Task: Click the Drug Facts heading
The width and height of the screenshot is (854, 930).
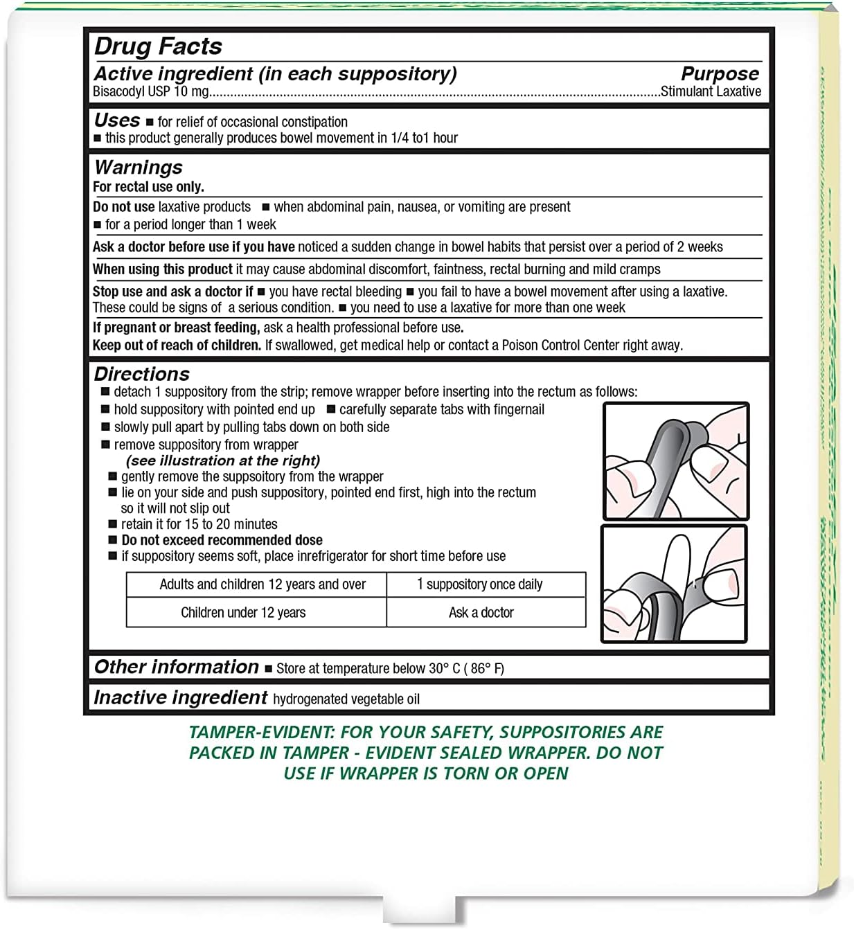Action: point(158,46)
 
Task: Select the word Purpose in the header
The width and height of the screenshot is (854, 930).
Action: point(720,73)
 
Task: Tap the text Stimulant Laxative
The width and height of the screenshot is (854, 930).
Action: point(711,91)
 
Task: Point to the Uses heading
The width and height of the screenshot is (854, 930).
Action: point(117,120)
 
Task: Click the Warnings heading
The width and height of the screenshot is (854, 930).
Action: point(139,168)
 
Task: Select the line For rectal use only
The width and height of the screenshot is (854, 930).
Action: point(148,187)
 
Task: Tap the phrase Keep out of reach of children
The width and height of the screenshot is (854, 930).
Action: point(177,345)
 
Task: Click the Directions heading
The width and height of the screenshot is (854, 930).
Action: point(142,374)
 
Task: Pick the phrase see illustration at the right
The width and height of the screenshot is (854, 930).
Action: point(223,461)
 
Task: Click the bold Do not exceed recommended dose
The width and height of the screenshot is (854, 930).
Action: point(222,540)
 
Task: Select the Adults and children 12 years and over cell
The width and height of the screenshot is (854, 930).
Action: point(263,584)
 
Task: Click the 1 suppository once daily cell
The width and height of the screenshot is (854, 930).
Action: point(480,584)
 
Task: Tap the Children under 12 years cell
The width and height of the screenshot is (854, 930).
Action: point(243,613)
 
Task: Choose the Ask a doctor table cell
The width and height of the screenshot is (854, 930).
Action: point(481,613)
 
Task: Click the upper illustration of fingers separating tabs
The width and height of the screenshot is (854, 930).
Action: point(676,461)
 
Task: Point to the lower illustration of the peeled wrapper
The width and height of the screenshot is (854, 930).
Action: point(674,584)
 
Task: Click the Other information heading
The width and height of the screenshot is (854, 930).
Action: point(177,667)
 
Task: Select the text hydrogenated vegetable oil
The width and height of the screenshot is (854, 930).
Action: point(346,699)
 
